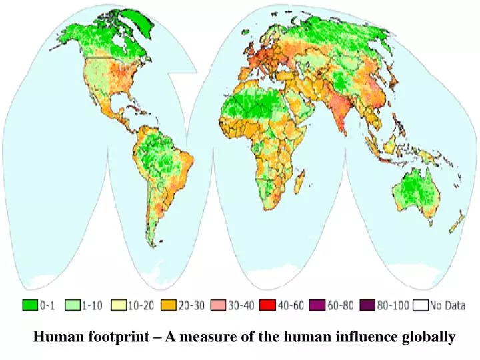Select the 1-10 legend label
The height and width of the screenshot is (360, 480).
point(93,307)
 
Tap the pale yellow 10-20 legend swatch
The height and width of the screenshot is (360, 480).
point(120,306)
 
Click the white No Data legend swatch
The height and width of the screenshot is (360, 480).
point(420,306)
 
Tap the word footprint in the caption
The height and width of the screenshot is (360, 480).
point(110,337)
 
